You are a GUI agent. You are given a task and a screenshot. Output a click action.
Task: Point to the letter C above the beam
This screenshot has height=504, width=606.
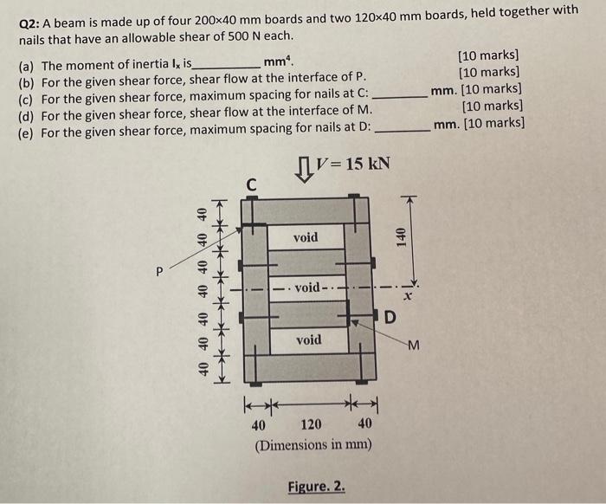coord(251,184)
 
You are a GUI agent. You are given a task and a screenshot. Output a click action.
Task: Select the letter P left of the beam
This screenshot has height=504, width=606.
coord(158,271)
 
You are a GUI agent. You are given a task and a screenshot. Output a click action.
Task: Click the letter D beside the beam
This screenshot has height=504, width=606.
coord(390,317)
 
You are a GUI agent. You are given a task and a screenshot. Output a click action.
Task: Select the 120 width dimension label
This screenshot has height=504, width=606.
coord(311,424)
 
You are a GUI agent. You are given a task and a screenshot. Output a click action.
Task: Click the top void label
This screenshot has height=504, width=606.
coord(306,237)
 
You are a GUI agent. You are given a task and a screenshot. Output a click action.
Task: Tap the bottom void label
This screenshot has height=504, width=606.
coord(307,339)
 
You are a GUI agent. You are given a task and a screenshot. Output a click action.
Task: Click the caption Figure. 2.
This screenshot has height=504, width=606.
coord(316,488)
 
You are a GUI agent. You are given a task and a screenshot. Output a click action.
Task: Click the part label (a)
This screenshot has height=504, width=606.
coord(28,64)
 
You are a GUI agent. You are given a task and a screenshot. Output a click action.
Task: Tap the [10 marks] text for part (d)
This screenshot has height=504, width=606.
coord(493,107)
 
